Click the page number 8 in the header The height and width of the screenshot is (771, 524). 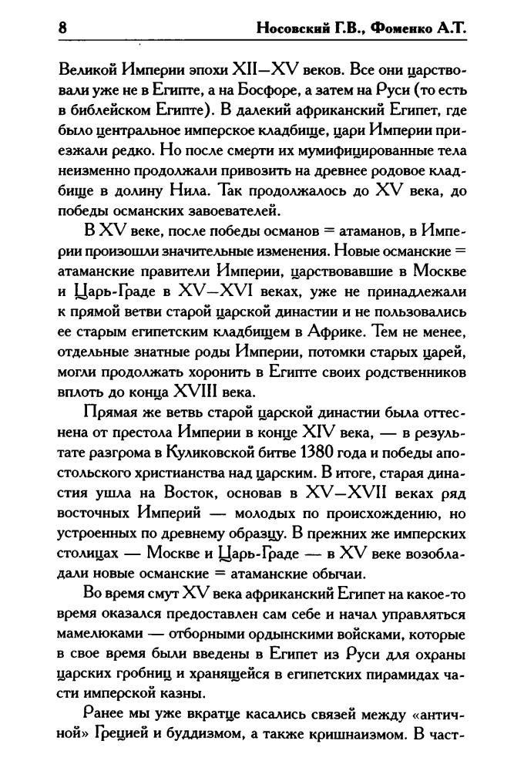pyautogui.click(x=62, y=29)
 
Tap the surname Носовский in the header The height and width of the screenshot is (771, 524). pyautogui.click(x=297, y=29)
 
